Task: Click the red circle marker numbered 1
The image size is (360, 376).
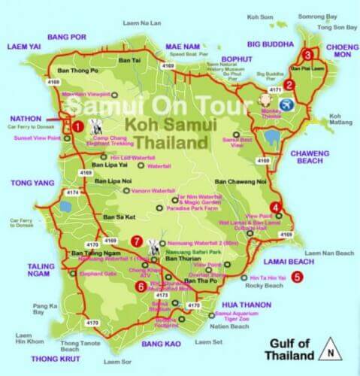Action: pos(77,126)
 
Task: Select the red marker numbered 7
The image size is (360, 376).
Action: pos(136,241)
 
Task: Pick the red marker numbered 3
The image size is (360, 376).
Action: pos(307,54)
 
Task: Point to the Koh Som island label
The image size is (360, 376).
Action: pos(266,15)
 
